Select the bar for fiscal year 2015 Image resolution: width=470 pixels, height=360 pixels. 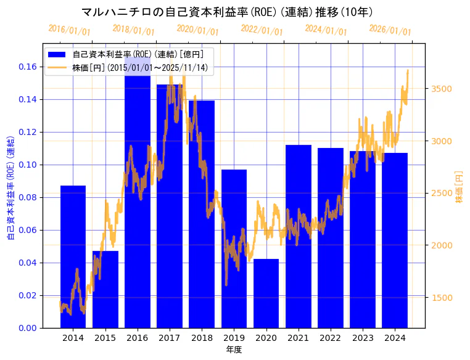coord(105,289)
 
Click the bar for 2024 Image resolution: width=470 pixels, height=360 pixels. coord(395,240)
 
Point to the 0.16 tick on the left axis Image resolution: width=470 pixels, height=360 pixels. coord(27,67)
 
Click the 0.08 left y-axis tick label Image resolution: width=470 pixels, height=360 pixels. coord(27,197)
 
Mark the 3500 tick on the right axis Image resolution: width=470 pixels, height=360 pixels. coord(442,89)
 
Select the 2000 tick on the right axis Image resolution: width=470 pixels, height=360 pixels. coord(442,245)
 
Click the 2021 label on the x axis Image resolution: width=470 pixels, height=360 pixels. coord(298,338)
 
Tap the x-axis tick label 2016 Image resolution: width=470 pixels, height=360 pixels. coord(137,338)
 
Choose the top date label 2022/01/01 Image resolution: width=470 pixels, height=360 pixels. coord(262,30)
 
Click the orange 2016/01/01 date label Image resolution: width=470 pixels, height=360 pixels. coord(69,30)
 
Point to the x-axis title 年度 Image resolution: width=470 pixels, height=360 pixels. coord(234,350)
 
